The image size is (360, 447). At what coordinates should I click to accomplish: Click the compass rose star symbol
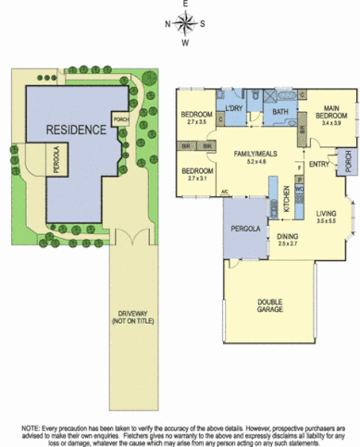coord(185,23)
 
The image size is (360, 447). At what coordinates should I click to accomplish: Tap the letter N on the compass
coord(168,24)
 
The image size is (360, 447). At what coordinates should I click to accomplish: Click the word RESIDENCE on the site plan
coord(77,130)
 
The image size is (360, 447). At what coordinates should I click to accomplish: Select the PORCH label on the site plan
coord(119,119)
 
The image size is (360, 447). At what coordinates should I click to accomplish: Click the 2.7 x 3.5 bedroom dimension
coord(196,122)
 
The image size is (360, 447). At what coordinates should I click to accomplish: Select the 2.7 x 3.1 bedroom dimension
coord(197,178)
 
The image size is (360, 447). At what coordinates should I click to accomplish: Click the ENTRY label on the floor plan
coord(318,164)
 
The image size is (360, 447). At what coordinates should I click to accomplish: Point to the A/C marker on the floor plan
coord(225,192)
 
